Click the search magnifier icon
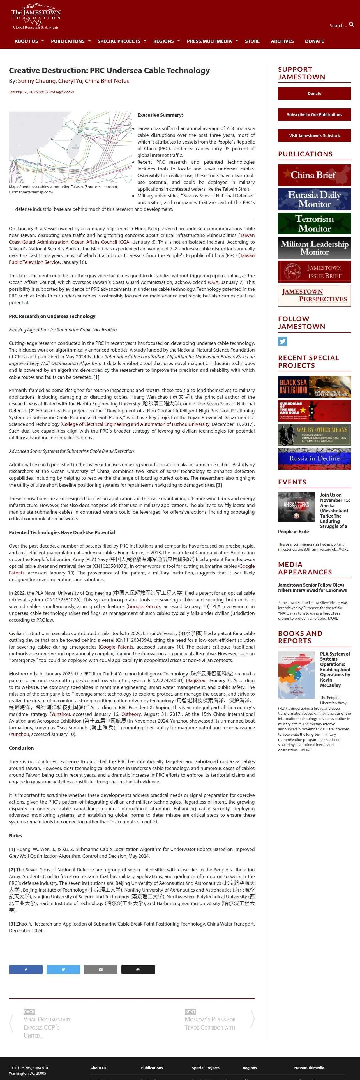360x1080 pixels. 351,25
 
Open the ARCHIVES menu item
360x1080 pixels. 282,41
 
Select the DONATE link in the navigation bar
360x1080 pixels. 314,41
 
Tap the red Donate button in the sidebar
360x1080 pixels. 314,93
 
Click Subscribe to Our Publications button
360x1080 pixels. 314,114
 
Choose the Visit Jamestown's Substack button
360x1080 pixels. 314,135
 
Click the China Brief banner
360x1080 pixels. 314,175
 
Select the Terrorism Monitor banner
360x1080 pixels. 314,223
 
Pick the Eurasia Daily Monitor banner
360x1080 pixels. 314,199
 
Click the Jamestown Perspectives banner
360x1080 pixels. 314,296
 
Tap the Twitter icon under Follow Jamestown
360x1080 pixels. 282,341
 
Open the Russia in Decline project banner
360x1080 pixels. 314,459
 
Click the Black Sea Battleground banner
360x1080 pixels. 314,387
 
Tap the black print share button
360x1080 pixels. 138,969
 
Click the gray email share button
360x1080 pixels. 101,969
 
